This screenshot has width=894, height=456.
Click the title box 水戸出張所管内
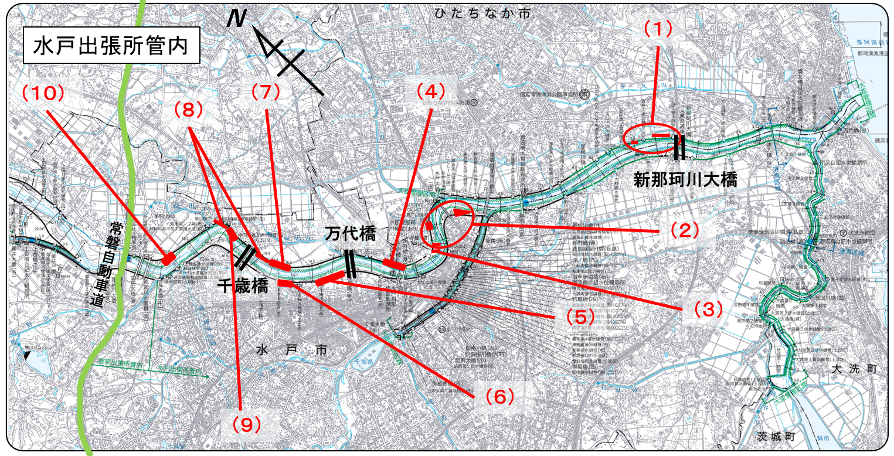point(111,45)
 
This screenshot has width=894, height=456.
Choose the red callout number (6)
point(499,397)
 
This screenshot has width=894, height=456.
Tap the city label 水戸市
point(291,350)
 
